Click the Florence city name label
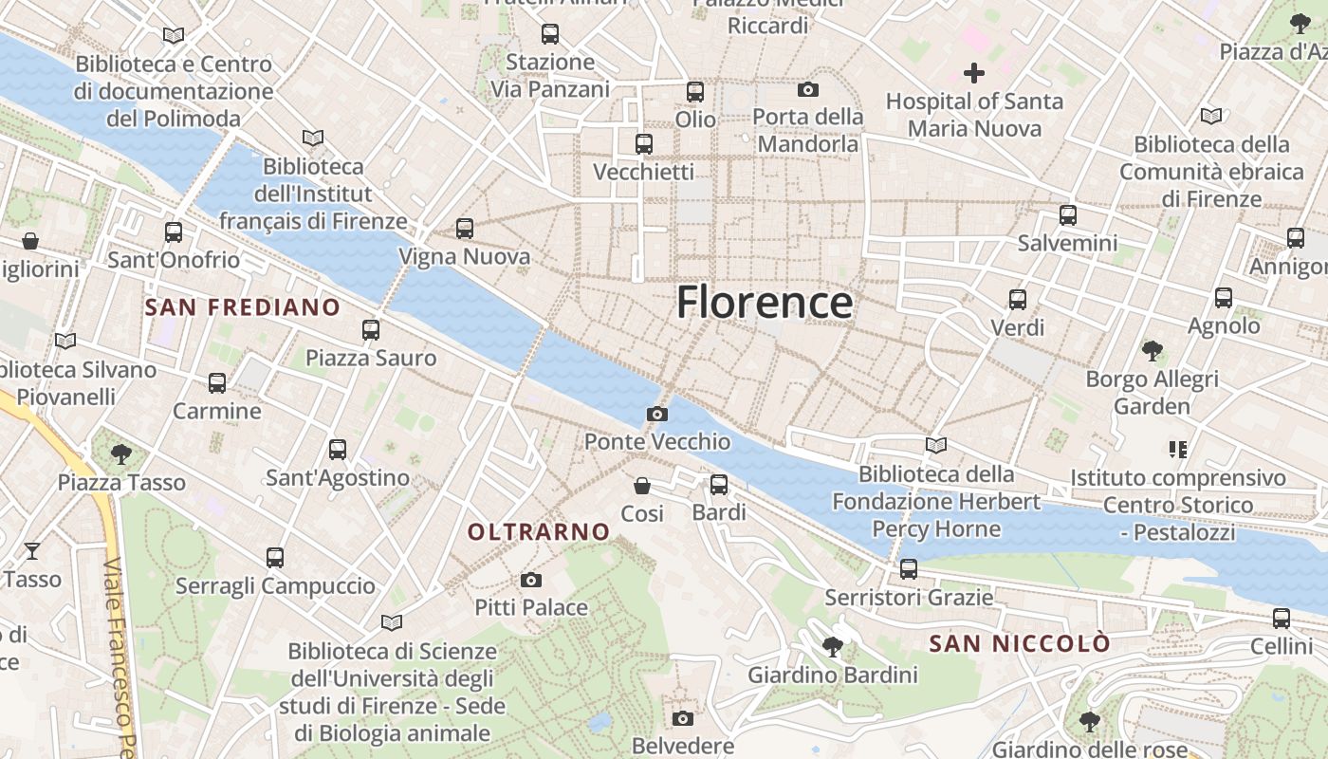click(x=765, y=303)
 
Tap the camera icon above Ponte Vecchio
click(x=656, y=414)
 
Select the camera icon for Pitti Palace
click(x=531, y=580)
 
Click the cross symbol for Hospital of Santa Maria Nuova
click(x=973, y=72)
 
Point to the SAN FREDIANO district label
click(x=242, y=307)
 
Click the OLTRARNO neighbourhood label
click(x=538, y=532)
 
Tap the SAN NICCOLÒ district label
click(x=1019, y=644)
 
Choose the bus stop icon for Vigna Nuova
click(x=464, y=229)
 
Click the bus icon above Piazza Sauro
click(x=371, y=330)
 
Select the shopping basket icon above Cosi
click(x=642, y=486)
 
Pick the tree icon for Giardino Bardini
click(x=833, y=647)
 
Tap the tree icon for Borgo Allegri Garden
click(x=1153, y=351)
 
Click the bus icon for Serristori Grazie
click(x=909, y=569)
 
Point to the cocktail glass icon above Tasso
click(x=32, y=550)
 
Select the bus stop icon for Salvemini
click(x=1068, y=215)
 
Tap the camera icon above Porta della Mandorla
click(x=808, y=89)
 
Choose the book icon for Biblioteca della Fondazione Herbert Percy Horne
click(x=936, y=445)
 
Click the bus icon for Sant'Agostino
click(x=338, y=450)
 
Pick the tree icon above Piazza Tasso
click(x=120, y=454)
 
